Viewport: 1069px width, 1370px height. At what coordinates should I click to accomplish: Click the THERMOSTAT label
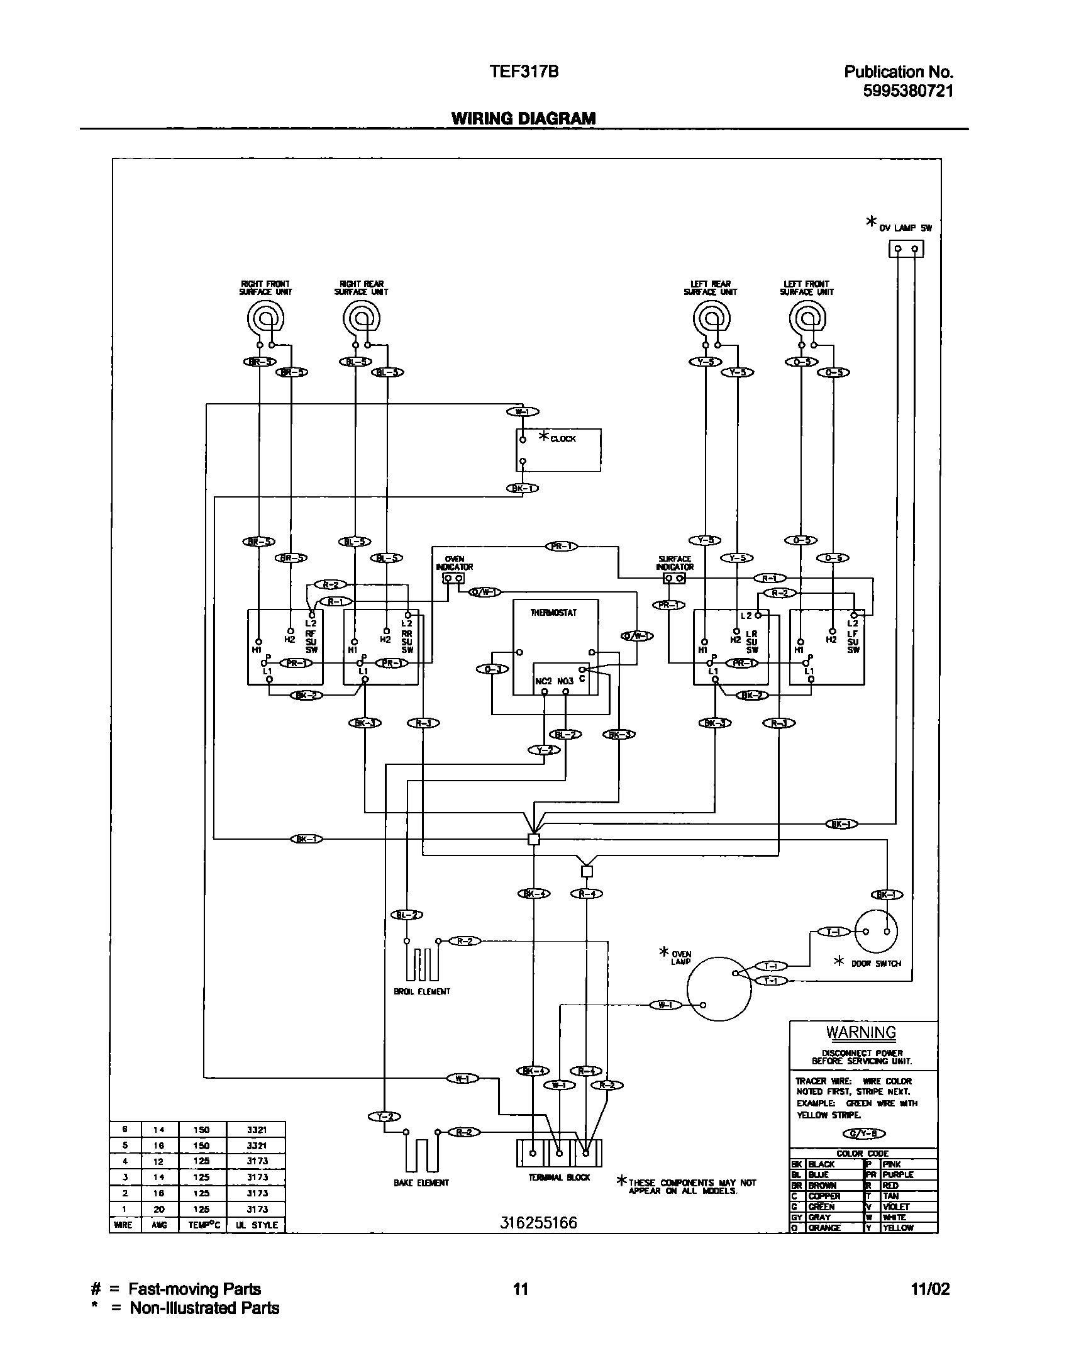tap(553, 613)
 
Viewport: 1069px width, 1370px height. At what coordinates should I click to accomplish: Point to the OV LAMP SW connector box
tap(906, 250)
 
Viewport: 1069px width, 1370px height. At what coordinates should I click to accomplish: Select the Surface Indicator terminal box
tap(674, 578)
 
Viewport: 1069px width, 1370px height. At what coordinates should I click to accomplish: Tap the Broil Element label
tap(421, 992)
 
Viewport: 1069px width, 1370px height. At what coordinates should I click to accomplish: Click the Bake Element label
tap(421, 1183)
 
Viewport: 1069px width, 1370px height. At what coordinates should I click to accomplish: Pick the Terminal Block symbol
tap(558, 1153)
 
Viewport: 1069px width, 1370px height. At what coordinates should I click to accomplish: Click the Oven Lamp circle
tap(719, 989)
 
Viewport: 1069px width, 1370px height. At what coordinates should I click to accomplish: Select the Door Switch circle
tap(876, 932)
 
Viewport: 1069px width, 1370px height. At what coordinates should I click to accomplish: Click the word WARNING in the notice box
tap(861, 1032)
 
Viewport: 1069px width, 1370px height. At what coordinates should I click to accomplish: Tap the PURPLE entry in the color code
tap(898, 1174)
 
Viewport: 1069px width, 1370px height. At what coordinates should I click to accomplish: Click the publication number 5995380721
tap(908, 91)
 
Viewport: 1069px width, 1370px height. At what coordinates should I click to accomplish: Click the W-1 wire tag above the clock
tap(522, 412)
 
